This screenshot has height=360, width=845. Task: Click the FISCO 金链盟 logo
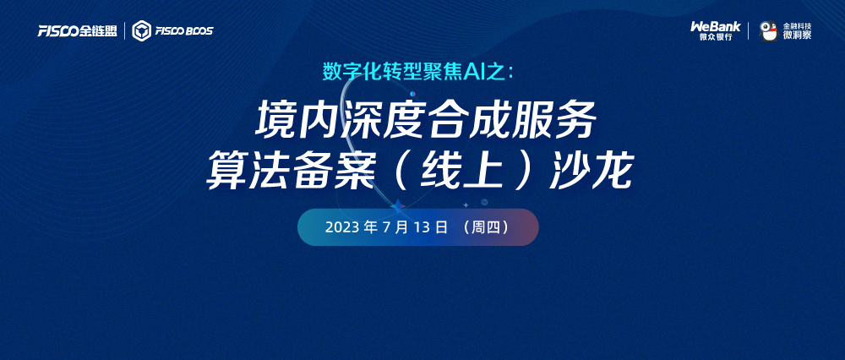78,31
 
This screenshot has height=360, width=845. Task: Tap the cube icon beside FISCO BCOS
141,30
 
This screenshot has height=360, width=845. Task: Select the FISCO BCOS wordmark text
183,31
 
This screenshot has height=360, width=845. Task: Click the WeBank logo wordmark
716,26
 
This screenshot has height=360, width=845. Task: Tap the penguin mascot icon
768,30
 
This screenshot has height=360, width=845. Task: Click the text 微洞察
797,35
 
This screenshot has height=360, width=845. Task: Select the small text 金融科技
797,25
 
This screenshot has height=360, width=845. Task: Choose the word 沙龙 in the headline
590,172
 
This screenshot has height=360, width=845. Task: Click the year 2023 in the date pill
342,227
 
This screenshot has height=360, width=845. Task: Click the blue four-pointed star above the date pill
398,206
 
